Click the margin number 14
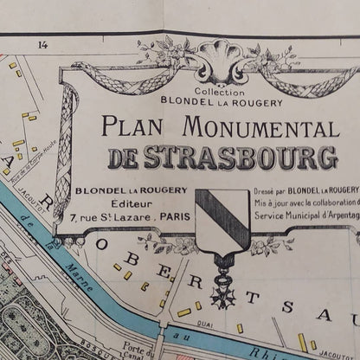[41, 44]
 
